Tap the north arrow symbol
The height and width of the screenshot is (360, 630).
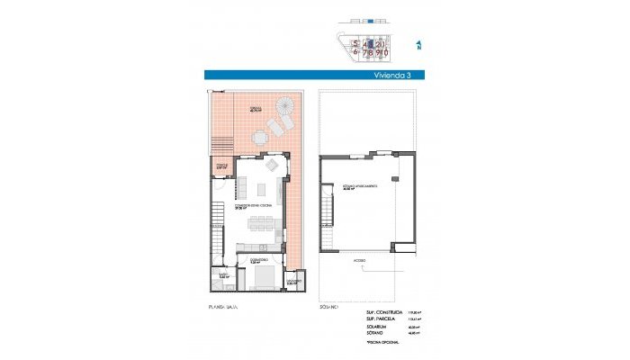(418, 43)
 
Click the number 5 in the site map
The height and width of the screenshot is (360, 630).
(356, 43)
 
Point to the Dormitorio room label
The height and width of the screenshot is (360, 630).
(259, 262)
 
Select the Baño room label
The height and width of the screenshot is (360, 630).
(223, 275)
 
